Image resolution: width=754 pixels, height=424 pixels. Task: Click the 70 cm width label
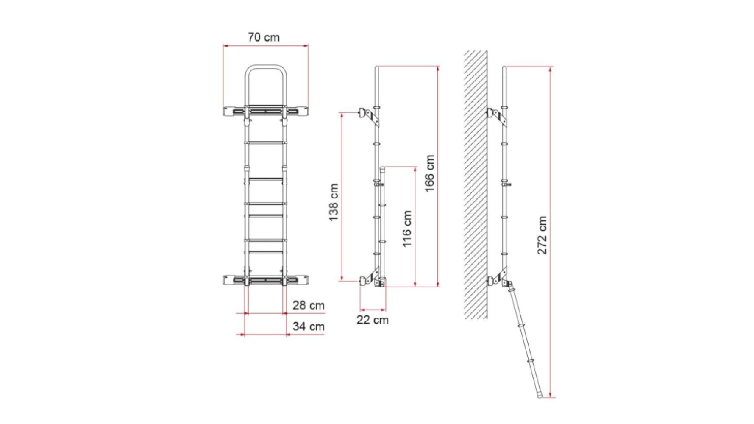(x=264, y=37)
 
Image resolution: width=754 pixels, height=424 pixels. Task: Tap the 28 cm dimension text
(x=308, y=305)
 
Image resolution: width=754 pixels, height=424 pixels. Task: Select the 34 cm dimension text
(x=308, y=326)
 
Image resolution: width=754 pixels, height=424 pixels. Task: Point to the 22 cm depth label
(x=372, y=320)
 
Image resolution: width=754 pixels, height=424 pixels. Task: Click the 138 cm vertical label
(x=334, y=202)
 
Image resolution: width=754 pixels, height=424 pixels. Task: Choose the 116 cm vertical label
(x=407, y=229)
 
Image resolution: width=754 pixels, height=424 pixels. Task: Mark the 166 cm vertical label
(x=430, y=173)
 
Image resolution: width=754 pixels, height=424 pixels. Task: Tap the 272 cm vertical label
(x=542, y=235)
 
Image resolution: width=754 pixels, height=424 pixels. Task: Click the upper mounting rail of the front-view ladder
(x=265, y=111)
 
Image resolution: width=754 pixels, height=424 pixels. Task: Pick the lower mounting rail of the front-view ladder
(x=265, y=279)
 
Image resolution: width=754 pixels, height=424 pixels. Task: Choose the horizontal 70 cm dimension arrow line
(x=265, y=46)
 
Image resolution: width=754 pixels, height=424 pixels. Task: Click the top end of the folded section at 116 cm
(x=382, y=168)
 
